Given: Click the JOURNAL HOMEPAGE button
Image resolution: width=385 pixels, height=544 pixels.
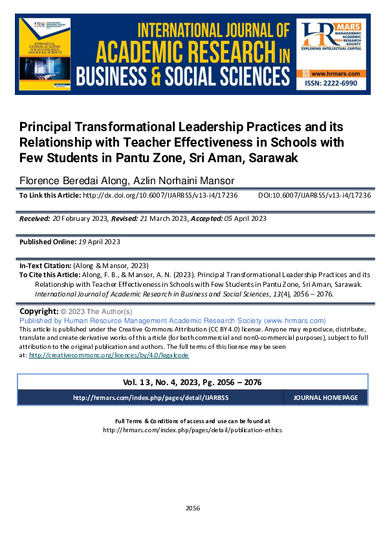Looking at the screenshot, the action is tap(329, 397).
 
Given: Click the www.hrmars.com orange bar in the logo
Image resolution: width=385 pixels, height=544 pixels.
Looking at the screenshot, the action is tap(331, 74).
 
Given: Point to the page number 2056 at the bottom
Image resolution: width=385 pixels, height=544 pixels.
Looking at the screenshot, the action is tap(192, 508).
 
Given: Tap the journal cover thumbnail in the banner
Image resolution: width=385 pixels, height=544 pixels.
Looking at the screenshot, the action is tap(45, 54).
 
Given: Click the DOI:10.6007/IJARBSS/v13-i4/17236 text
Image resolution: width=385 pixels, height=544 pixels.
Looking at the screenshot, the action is tap(314, 195).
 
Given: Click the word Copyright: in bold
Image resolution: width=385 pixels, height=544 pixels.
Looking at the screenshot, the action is tap(39, 311).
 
